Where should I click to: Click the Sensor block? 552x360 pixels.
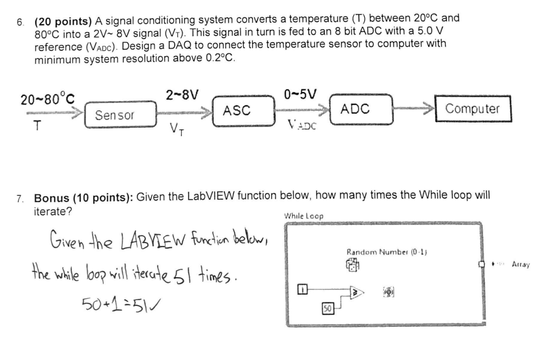point(115,116)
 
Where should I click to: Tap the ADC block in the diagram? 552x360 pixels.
point(356,110)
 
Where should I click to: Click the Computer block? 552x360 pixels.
point(473,109)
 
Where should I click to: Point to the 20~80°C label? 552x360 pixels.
point(47,100)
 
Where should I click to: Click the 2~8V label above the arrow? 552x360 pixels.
point(181,94)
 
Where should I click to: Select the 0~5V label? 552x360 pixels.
point(300,94)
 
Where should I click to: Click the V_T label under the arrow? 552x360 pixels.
point(177,128)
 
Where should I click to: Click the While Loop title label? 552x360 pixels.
point(304,216)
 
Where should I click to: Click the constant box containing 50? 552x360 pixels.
point(329,306)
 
